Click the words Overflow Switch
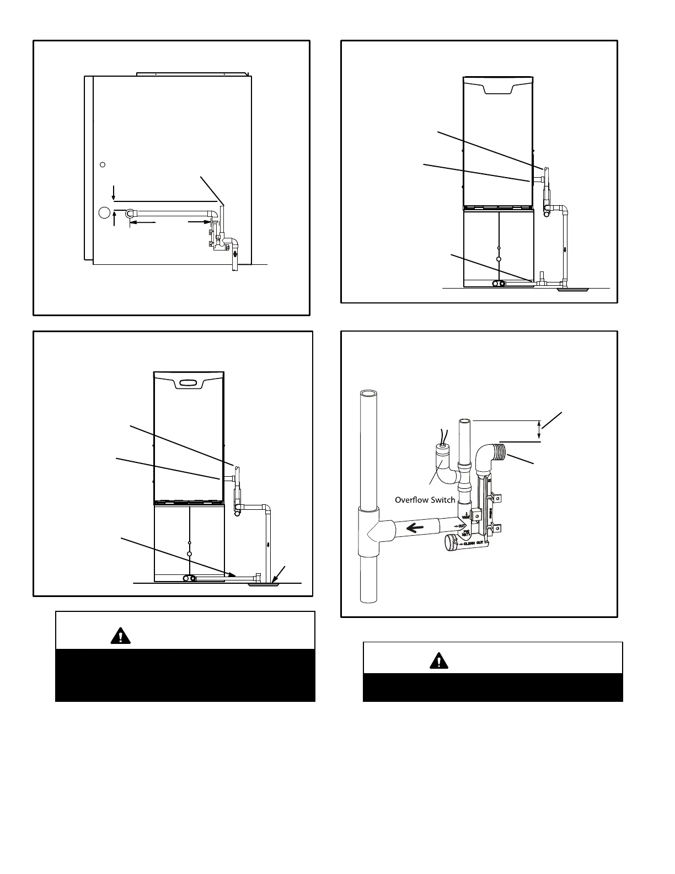point(425,500)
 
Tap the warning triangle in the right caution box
point(438,660)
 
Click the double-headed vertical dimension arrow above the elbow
point(539,430)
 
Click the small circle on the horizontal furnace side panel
point(102,165)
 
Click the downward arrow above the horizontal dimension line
point(114,192)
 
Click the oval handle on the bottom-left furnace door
point(188,383)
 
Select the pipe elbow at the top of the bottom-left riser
point(266,508)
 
